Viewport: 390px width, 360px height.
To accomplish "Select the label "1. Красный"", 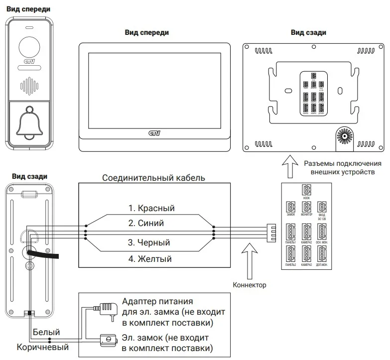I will (151, 208).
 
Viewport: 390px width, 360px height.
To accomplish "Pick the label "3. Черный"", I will (149, 243).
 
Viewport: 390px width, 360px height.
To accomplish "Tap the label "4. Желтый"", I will (149, 259).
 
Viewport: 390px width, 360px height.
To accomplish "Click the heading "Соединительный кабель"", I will (153, 177).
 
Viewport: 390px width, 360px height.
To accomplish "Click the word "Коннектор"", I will (250, 285).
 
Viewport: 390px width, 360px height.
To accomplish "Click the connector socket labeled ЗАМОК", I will (290, 208).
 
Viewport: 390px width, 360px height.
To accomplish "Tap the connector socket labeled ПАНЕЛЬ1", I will (290, 233).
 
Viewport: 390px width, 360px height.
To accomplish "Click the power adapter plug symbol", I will (105, 308).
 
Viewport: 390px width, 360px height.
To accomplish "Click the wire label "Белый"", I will (46, 332).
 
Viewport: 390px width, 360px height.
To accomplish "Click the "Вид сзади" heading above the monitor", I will (308, 32).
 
